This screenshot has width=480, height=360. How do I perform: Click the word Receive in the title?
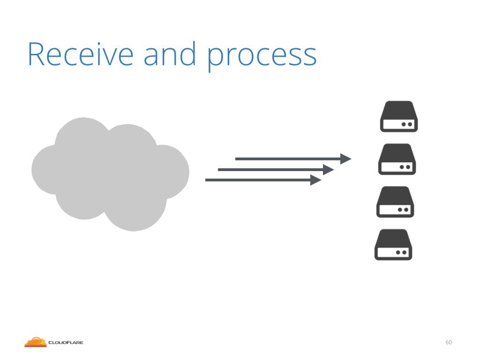(x=81, y=54)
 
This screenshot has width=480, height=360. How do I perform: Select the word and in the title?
(x=170, y=53)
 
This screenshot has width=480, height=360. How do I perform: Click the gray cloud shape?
(x=110, y=174)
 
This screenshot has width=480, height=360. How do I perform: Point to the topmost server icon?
(x=399, y=116)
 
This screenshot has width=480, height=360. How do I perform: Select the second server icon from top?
(x=397, y=159)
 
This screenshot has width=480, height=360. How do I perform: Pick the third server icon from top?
(x=395, y=202)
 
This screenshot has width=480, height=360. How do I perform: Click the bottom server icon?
(x=393, y=245)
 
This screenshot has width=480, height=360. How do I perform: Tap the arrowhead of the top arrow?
(x=346, y=159)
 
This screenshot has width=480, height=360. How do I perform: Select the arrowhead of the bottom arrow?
(x=316, y=180)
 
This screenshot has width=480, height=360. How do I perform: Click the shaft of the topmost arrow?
(x=288, y=159)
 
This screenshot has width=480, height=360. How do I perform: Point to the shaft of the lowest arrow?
(x=258, y=180)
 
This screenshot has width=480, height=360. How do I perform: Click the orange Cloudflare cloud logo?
(x=36, y=342)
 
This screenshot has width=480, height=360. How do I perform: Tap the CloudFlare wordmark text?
(x=66, y=343)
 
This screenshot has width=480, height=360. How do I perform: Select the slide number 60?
(x=449, y=342)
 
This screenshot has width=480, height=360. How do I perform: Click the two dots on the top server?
(x=407, y=124)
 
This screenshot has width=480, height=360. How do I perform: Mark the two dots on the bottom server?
(x=401, y=253)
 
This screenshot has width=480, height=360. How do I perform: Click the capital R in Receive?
(x=36, y=54)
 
